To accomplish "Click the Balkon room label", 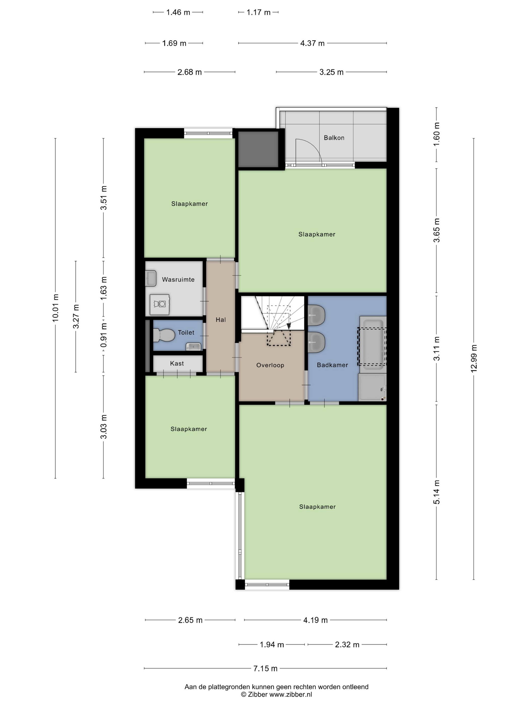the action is [334, 138].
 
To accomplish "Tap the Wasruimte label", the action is [178, 280].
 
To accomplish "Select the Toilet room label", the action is [186, 333].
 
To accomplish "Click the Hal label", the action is [221, 319].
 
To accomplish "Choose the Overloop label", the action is [270, 365].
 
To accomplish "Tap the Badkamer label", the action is [332, 365].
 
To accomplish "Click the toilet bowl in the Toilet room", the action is [164, 335].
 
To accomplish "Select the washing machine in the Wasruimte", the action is [160, 304].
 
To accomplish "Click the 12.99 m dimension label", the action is [474, 359].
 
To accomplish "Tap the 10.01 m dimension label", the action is [55, 308].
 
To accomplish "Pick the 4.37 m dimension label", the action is [312, 43].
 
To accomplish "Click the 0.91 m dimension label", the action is [104, 335].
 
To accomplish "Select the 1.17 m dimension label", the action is [258, 12].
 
